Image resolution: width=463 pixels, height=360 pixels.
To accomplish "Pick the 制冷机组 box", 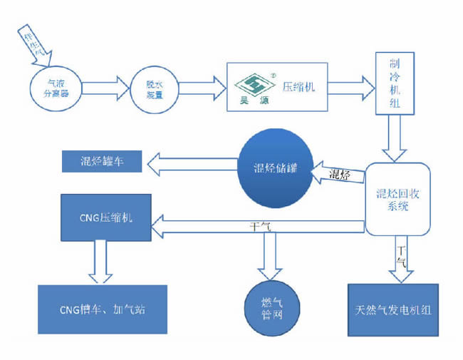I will click(395, 85).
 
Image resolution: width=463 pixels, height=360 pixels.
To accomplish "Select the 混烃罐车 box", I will click(103, 161).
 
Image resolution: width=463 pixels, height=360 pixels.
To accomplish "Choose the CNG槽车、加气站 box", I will click(103, 310).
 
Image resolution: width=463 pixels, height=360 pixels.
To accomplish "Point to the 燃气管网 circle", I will click(272, 308).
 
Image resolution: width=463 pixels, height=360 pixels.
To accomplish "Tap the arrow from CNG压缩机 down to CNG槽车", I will click(99, 261).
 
